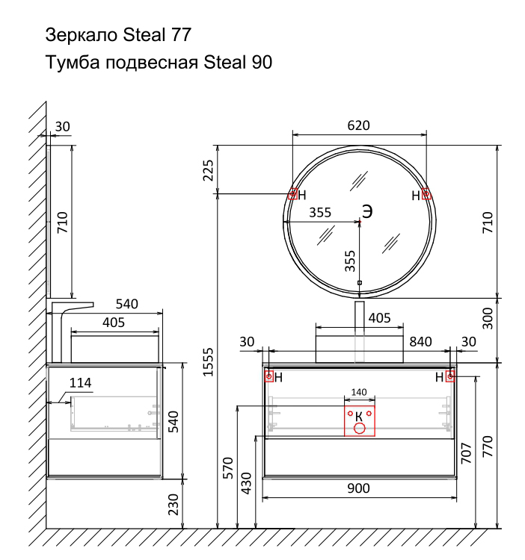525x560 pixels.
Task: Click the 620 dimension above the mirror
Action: point(358,125)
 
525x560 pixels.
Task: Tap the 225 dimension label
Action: point(208,170)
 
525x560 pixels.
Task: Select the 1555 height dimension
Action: point(208,362)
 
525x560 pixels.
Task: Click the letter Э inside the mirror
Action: point(367,211)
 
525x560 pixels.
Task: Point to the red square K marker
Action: point(360,420)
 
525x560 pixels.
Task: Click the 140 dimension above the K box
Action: point(359,392)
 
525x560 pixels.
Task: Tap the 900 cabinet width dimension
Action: point(358,488)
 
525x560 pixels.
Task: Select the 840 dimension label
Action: point(420,342)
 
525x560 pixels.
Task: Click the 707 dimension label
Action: point(467,453)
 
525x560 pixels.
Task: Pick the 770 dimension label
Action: point(488,446)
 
